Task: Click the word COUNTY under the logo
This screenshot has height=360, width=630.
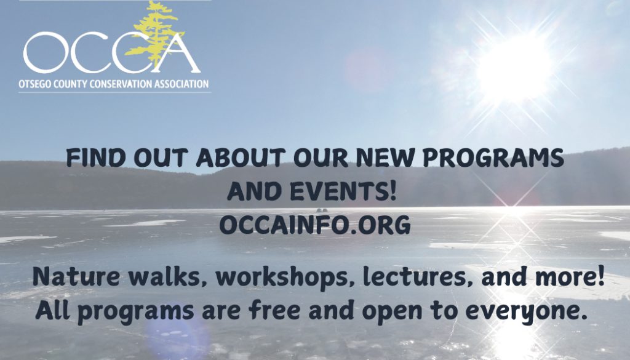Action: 63,84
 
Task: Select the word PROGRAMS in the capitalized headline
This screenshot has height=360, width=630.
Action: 493,158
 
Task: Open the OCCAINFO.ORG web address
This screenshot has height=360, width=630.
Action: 315,225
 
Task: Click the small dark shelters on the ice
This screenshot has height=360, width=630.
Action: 321,210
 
